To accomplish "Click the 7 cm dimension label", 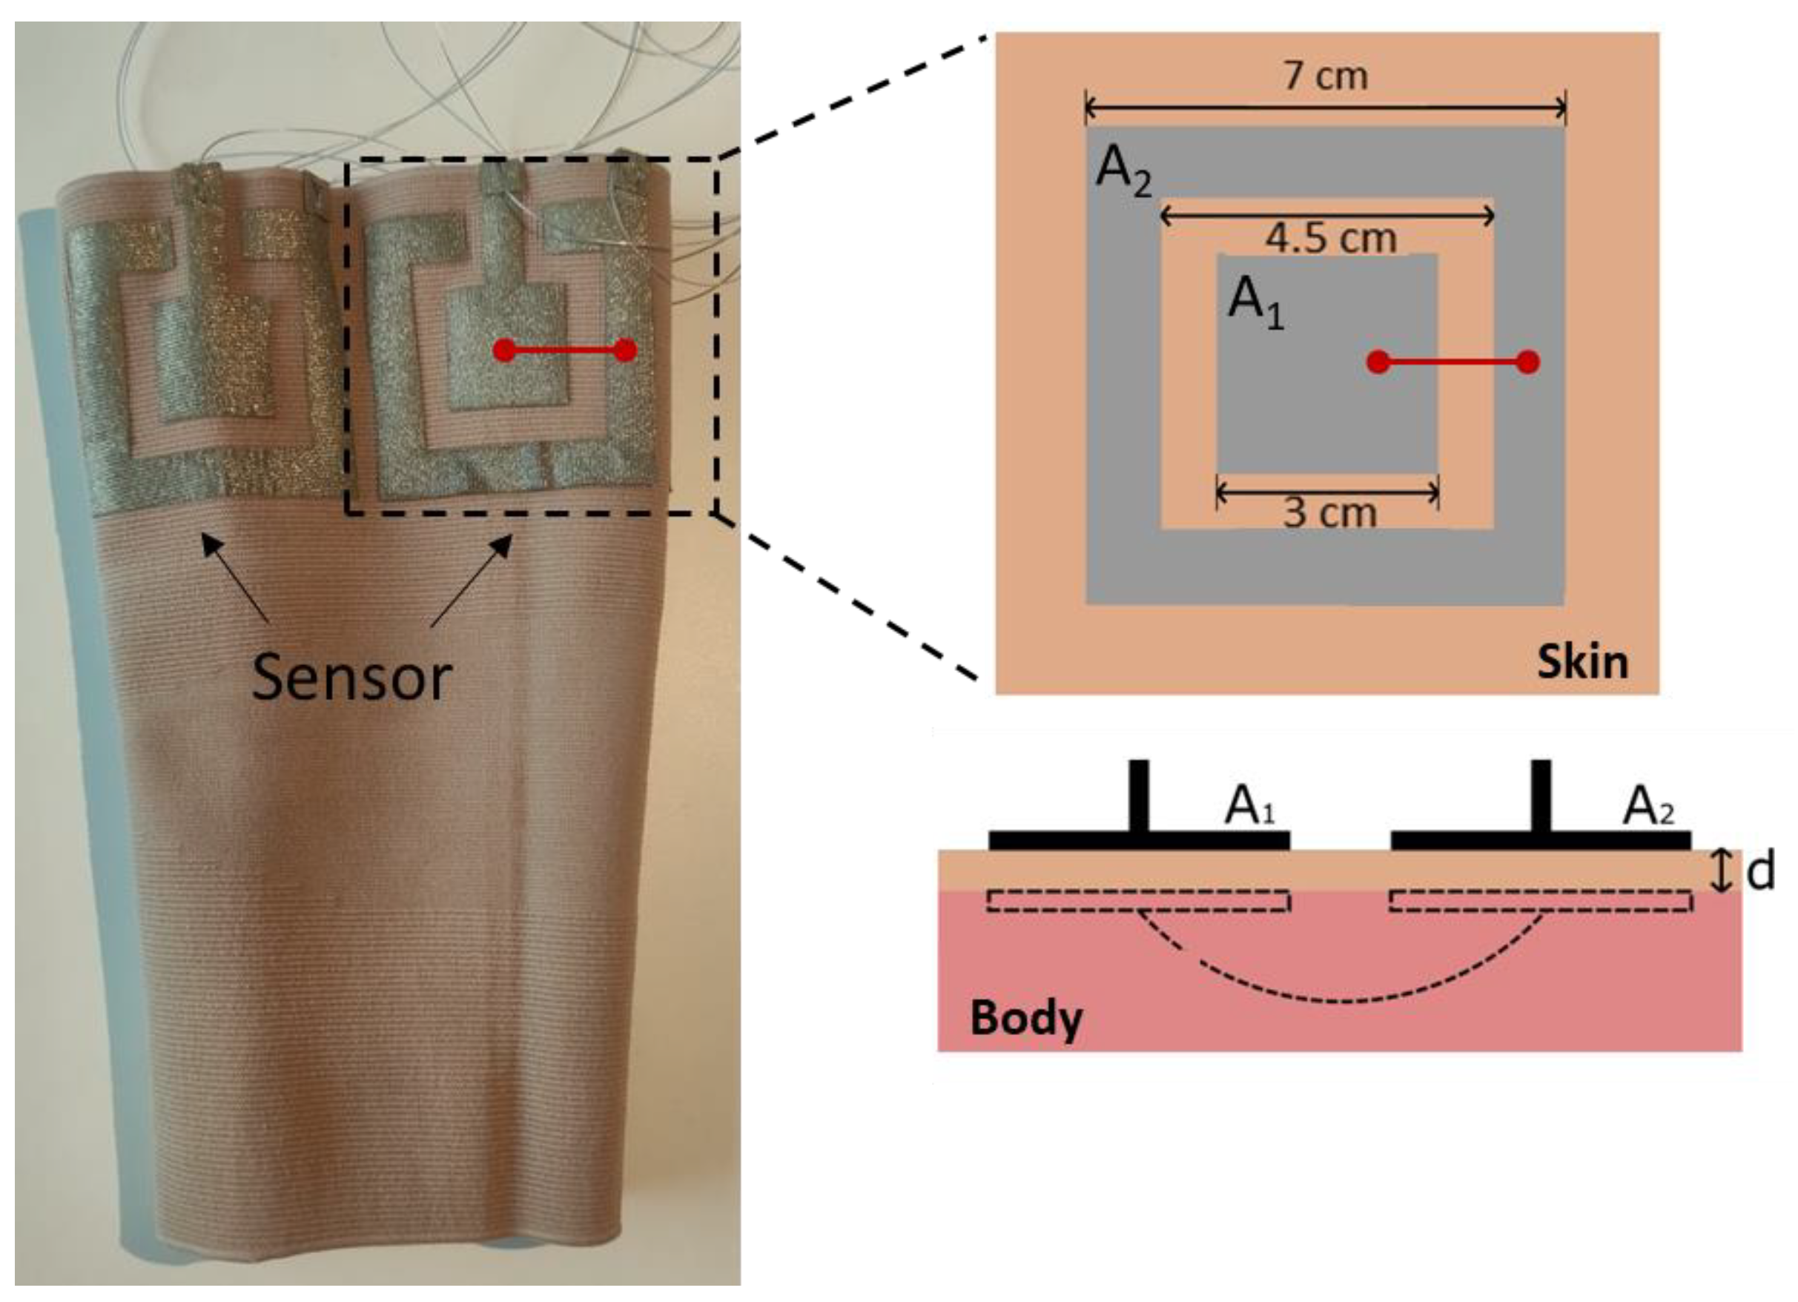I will [1326, 77].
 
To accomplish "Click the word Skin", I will [1582, 661].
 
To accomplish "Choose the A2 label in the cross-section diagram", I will [1649, 808].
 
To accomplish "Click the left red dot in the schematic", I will [1379, 362].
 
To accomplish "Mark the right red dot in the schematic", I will [1527, 362].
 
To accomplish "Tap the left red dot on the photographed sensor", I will [503, 350].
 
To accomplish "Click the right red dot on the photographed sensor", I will [626, 350].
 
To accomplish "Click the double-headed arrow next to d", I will [1719, 870].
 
